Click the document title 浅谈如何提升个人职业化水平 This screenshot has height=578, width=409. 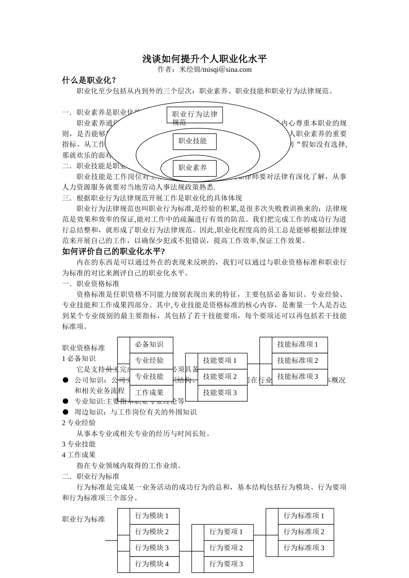204,59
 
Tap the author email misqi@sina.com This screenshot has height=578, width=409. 226,70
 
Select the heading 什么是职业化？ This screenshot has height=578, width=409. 90,80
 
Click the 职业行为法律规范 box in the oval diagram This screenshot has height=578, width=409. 195,115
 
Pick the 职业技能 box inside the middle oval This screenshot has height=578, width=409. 194,141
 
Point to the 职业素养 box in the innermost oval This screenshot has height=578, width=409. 194,168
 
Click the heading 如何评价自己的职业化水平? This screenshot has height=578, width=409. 114,252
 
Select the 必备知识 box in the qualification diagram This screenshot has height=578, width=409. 151,344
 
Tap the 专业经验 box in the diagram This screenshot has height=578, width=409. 151,360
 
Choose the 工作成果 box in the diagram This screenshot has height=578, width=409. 151,393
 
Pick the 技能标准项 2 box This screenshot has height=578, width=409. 299,360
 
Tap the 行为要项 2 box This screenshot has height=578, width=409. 228,548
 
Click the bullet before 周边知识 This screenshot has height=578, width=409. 65,412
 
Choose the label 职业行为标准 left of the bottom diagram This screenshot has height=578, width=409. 84,519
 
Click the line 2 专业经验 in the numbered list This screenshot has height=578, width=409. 79,423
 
